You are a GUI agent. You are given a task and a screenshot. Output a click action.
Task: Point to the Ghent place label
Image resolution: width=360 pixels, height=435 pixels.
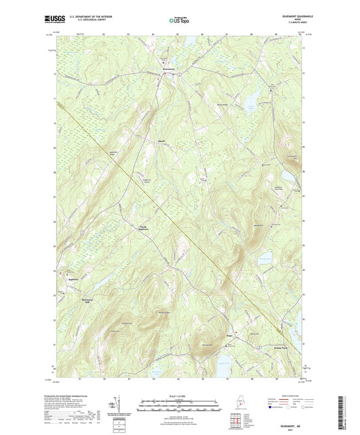(x=161, y=140)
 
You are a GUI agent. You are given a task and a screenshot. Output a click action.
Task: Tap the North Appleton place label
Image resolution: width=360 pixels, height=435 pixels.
(x=143, y=227)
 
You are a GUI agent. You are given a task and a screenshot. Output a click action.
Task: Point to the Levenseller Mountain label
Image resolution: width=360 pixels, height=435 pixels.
(x=292, y=157)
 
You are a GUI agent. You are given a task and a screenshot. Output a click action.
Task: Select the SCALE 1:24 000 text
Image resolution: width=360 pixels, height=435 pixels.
(x=180, y=394)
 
